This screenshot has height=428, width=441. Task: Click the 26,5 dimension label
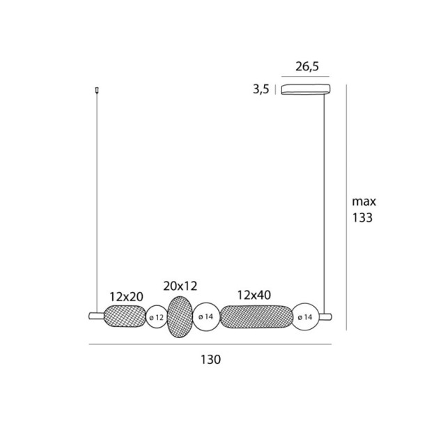[x=307, y=67]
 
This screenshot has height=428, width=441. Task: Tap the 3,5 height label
[x=261, y=89]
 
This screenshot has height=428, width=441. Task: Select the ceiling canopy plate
[x=306, y=89]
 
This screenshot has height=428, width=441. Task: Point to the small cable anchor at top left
[x=97, y=90]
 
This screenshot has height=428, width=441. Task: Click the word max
[x=364, y=201]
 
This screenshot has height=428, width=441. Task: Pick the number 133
[x=362, y=217]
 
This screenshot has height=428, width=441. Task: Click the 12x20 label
[x=126, y=296]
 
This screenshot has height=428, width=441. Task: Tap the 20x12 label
[x=180, y=286]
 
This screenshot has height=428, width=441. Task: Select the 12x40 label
[x=254, y=295]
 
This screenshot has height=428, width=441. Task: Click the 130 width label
[x=210, y=360]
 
